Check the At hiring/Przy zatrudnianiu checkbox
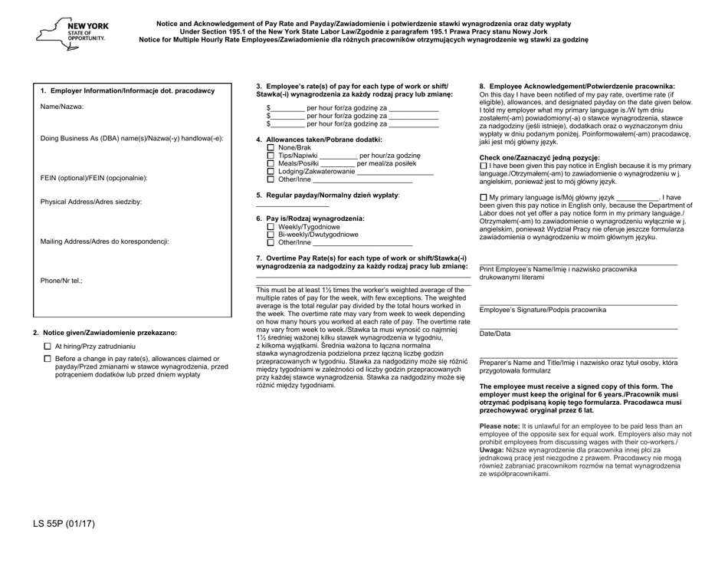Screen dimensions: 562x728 click(x=48, y=347)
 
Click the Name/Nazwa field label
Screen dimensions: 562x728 click(x=61, y=107)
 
